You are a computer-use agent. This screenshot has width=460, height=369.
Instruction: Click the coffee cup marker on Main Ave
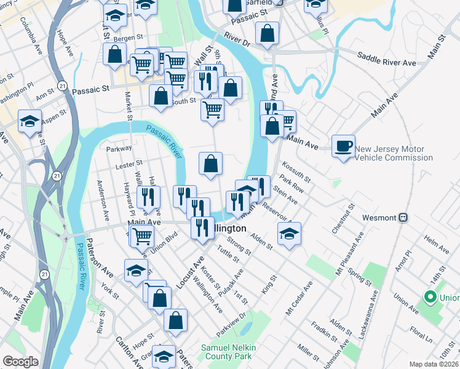tap(344, 146)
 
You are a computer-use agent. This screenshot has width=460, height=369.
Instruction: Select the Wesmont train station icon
tap(404, 216)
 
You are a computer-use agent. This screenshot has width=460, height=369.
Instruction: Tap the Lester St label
tap(129, 164)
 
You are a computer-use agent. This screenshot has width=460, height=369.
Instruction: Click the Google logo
tap(20, 362)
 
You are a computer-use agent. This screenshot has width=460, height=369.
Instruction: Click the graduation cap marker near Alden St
tap(289, 233)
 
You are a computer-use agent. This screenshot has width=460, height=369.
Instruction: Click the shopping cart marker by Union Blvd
tap(142, 234)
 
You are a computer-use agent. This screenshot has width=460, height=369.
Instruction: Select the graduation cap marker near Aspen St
tap(30, 121)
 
